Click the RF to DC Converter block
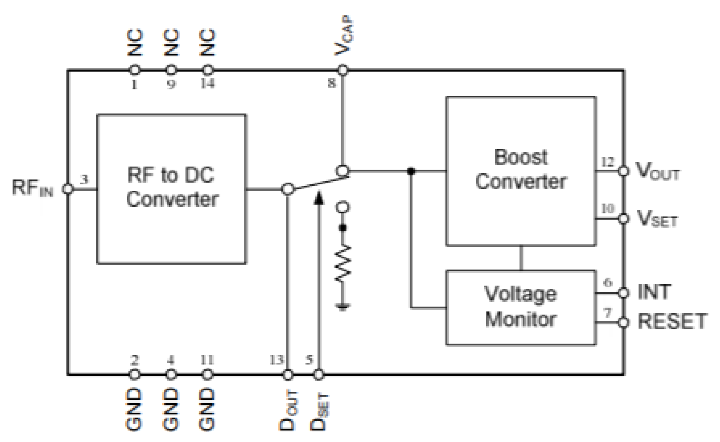[x=171, y=189]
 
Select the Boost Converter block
[x=521, y=171]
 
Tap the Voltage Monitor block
[x=521, y=307]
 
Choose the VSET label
[x=657, y=219]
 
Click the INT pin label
[x=654, y=292]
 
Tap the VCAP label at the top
[x=344, y=36]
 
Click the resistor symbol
[x=343, y=263]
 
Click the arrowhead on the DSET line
[x=319, y=198]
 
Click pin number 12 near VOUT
[x=607, y=162]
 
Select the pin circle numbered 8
[x=343, y=70]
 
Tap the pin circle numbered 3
[x=68, y=189]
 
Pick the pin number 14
[x=208, y=83]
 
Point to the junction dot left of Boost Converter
[x=411, y=171]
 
